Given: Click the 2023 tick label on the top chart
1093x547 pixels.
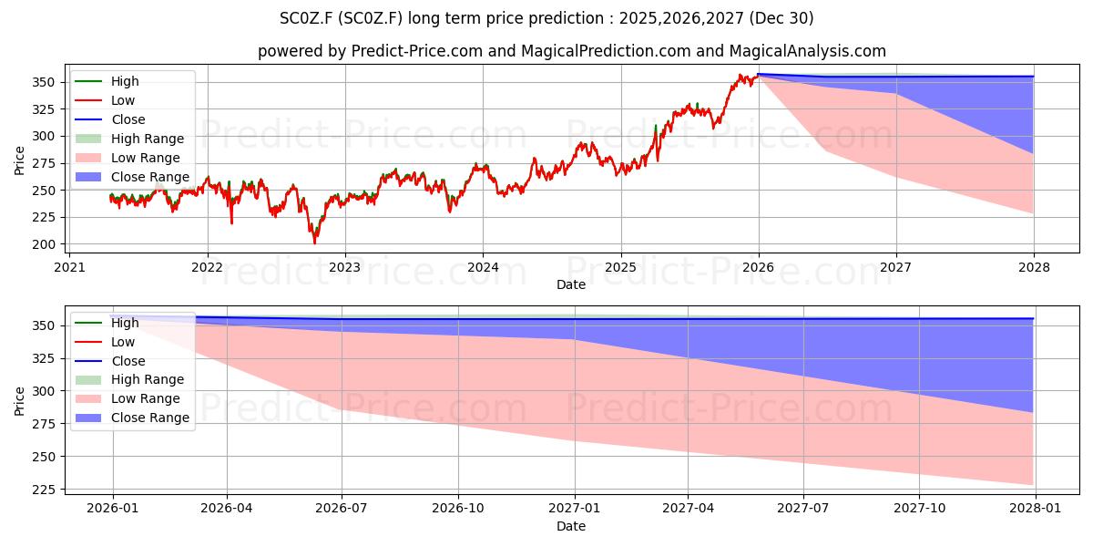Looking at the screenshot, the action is coord(345,267).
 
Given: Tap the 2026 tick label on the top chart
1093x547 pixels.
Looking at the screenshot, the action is coord(758,267).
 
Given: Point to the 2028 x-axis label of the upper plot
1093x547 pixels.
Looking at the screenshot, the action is coord(1034,267).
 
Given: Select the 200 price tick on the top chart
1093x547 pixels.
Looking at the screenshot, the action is coord(44,244).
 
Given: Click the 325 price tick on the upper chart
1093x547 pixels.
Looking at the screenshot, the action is coord(44,109).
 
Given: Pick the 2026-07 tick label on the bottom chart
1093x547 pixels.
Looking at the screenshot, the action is coord(341,509).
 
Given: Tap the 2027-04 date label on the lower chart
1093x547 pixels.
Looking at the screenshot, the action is coord(688,509).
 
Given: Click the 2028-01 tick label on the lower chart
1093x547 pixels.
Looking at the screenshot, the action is coord(1036,509).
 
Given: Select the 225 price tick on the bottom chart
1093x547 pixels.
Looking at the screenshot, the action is coord(44,490).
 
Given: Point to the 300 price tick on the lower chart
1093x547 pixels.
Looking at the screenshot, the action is coord(44,391).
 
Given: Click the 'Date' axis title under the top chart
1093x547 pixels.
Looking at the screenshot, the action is coord(571,284).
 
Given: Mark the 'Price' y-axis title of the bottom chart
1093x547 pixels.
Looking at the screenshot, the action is coord(19,401).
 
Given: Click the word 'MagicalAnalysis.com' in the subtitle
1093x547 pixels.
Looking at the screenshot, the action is coord(808,51).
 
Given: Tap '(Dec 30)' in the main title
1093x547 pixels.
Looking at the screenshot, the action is coord(781,18).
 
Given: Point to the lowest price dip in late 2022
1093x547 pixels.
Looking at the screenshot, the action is coord(315,243).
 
